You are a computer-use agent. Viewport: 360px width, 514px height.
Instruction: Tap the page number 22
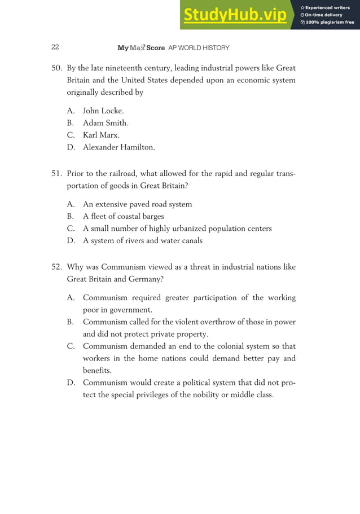point(55,47)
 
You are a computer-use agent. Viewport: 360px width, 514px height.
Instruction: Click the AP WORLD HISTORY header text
point(199,47)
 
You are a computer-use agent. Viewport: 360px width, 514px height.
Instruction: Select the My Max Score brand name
point(141,47)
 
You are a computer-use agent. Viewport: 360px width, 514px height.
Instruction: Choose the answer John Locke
point(103,111)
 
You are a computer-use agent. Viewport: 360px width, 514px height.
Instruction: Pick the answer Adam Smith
point(106,123)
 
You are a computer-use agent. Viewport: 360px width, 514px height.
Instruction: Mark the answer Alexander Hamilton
point(118,148)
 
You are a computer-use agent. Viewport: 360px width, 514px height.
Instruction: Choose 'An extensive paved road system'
point(137,204)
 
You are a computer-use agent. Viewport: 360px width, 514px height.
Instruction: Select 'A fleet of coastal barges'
point(123,216)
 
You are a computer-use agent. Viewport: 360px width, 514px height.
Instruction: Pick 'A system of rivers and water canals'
point(142,241)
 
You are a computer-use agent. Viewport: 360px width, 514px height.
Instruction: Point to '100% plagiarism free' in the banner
point(330,23)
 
